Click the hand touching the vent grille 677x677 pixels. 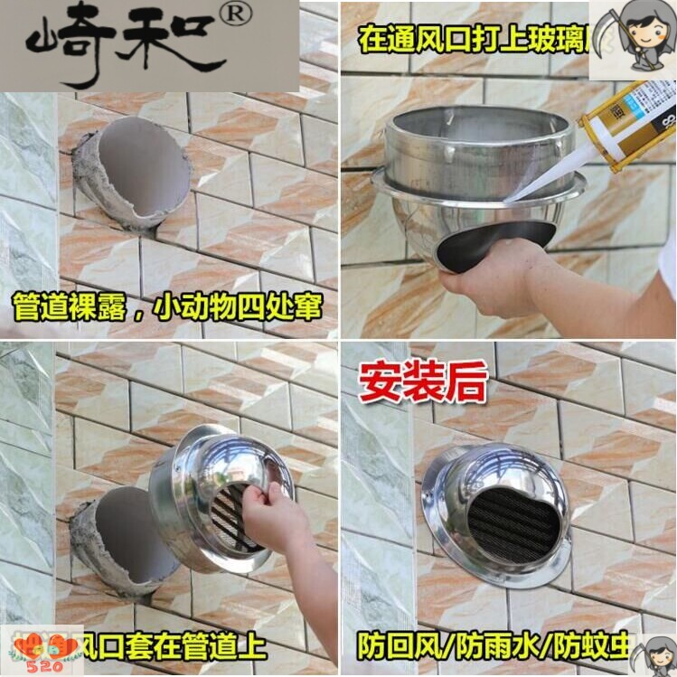(x=271, y=520)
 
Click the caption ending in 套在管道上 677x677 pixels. (x=172, y=646)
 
